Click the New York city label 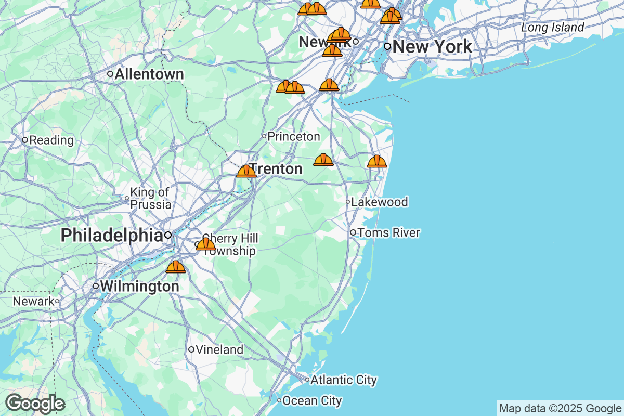coord(432,46)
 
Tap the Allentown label coord(149,74)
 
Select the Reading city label coord(51,140)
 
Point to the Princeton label coord(294,136)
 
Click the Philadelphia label coord(111,235)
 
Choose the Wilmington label coord(139,286)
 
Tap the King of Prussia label coord(151,198)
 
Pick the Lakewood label coord(380,202)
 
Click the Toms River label coord(388,232)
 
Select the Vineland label coord(219,349)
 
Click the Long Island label coord(553,27)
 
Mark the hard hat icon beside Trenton coord(246,171)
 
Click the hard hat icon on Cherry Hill coord(205,244)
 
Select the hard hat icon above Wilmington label coord(176,267)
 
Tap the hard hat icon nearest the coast coord(377,161)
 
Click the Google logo coord(35,404)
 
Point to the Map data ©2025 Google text coord(560,408)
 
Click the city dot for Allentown coord(110,74)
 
